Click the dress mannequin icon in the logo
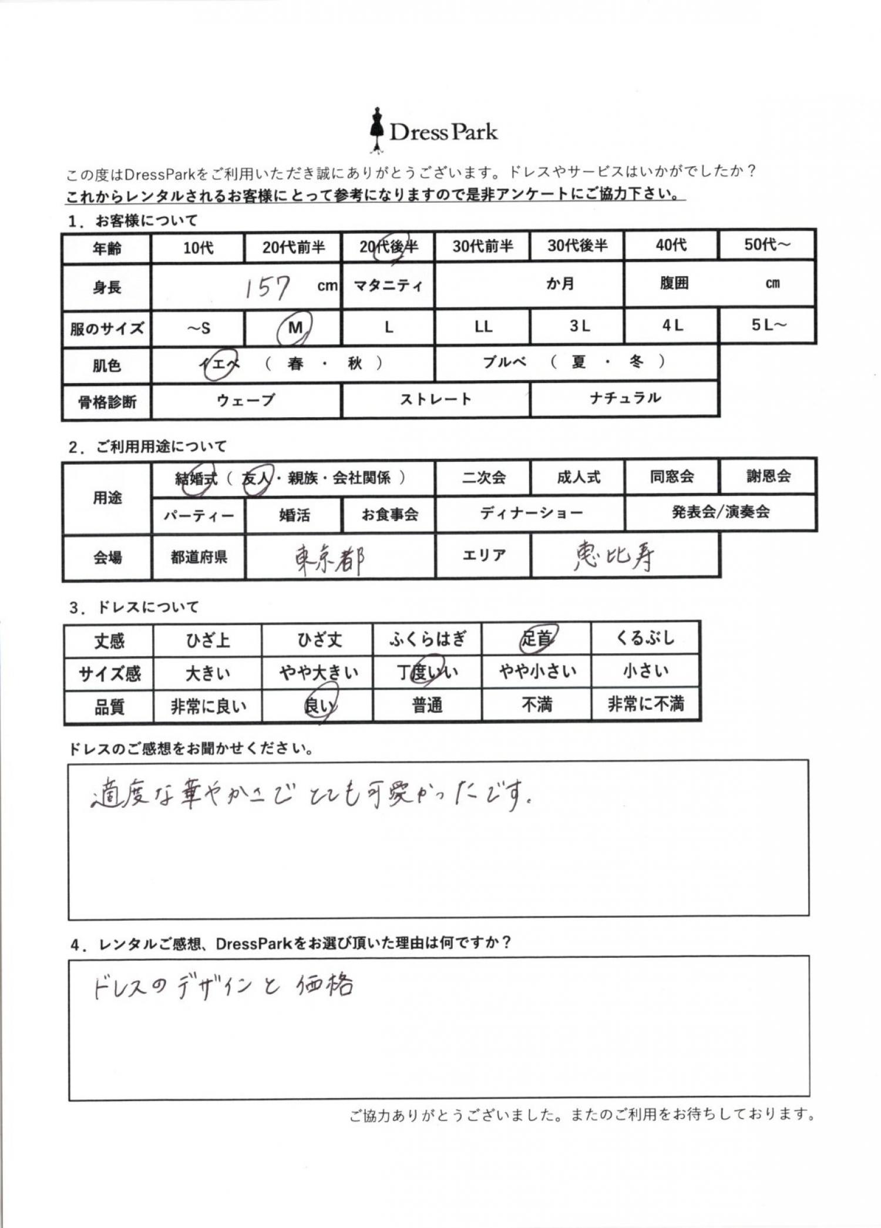(376, 130)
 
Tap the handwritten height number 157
(267, 288)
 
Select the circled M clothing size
(294, 328)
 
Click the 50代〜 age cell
(766, 244)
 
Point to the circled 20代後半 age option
(389, 247)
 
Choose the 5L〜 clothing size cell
(767, 325)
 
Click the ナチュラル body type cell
(625, 398)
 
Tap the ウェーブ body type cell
(246, 401)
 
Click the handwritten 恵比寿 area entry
(614, 555)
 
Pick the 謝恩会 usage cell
(768, 476)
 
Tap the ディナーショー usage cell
(531, 513)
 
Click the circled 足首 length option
(537, 639)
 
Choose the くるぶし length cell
(645, 638)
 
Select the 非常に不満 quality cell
(645, 704)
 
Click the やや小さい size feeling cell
(537, 671)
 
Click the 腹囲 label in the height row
(674, 283)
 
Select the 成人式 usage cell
(579, 477)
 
